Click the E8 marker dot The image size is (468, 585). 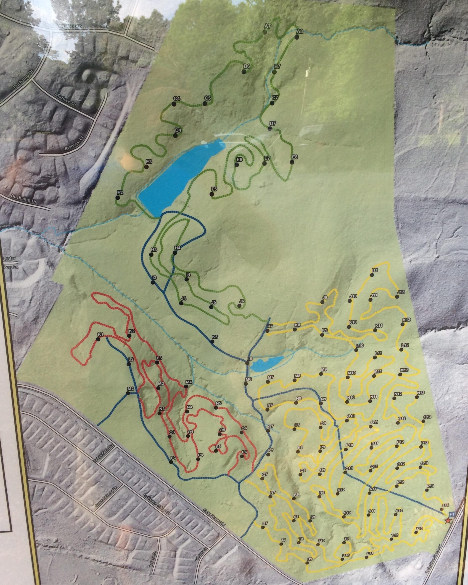point(292,162)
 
